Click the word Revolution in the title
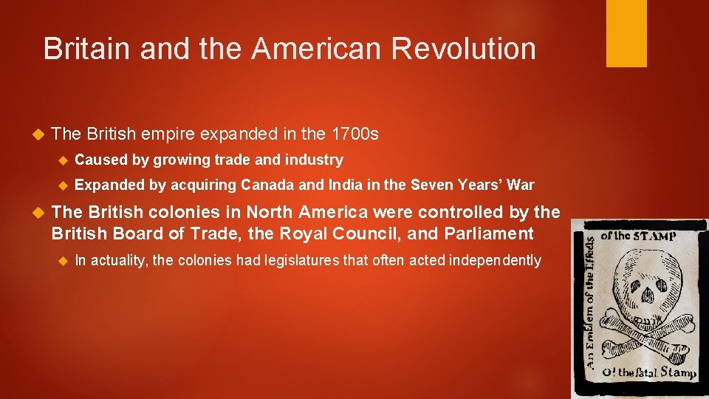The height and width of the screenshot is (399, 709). click(x=463, y=49)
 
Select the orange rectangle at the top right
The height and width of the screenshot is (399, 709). click(x=626, y=33)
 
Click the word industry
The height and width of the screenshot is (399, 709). click(x=318, y=160)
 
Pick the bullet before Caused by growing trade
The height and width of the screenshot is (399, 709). click(x=63, y=160)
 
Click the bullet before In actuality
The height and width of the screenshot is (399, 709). click(x=63, y=261)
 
